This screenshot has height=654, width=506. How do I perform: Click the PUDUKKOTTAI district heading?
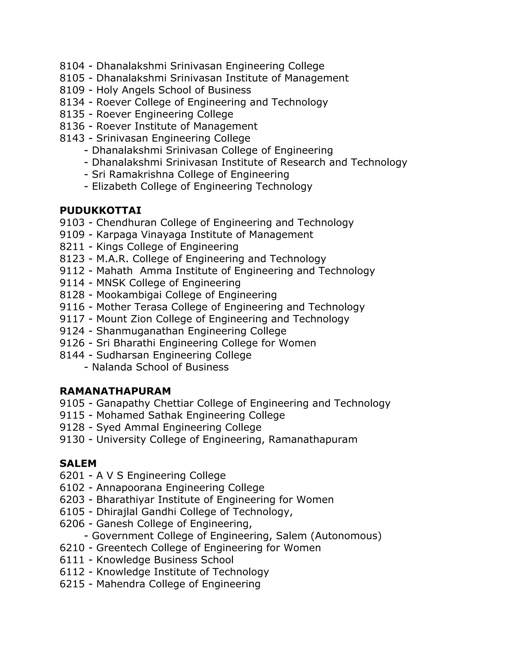tap(100, 211)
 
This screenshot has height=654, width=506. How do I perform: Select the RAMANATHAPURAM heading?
tap(115, 391)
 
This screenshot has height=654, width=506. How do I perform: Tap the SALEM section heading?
tap(78, 463)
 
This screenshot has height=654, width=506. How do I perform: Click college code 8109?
tap(72, 90)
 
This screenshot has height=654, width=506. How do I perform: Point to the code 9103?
tap(72, 223)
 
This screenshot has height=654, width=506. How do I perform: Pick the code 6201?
tap(72, 476)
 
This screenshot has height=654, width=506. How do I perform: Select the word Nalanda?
tap(112, 367)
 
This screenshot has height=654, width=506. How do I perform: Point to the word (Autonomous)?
tap(346, 536)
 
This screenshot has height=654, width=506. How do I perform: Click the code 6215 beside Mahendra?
tap(72, 584)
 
